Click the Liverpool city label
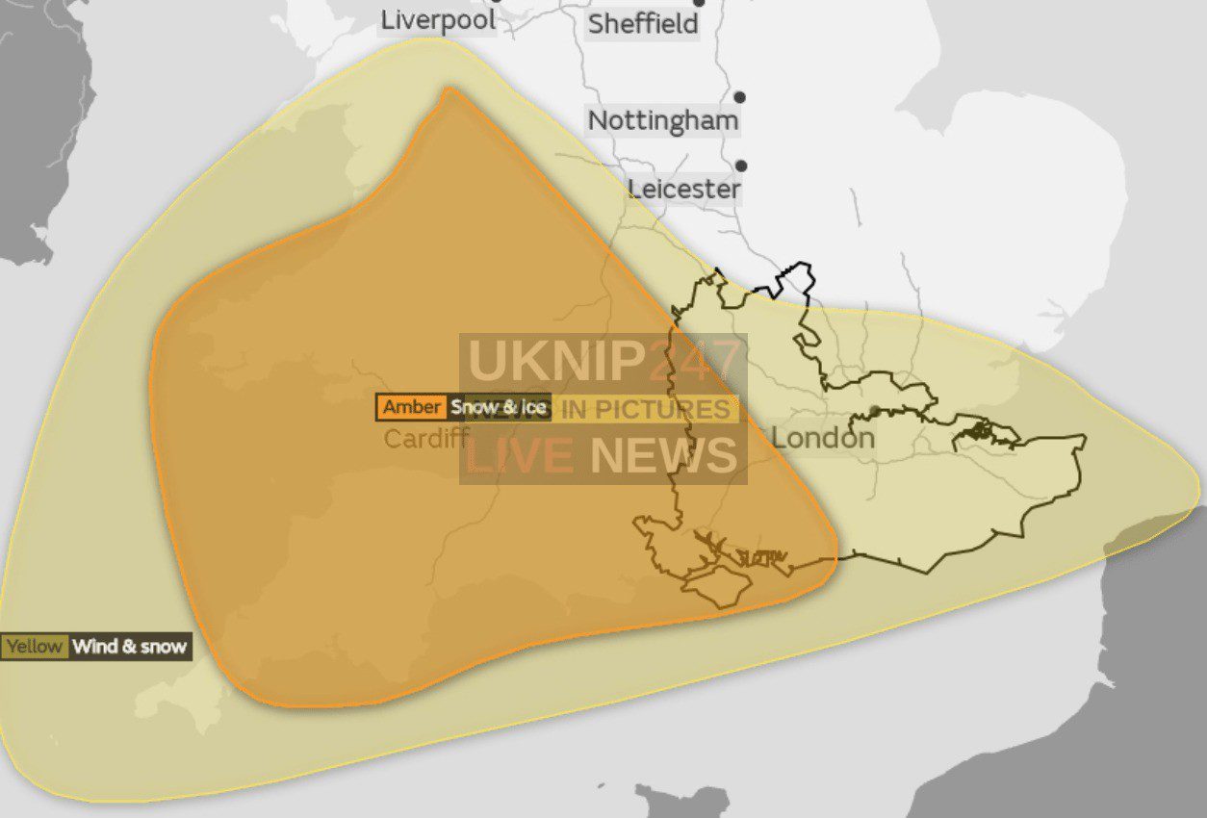(x=439, y=20)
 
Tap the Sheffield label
(x=643, y=24)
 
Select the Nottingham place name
(x=663, y=121)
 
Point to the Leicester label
(x=684, y=189)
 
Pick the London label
(x=823, y=439)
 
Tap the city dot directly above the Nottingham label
(x=740, y=97)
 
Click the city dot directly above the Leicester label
(x=741, y=166)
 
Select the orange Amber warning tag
(x=412, y=407)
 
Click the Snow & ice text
(x=499, y=407)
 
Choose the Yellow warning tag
(x=35, y=647)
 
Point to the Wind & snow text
(x=130, y=647)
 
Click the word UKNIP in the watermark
(x=555, y=360)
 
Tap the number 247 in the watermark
(x=695, y=360)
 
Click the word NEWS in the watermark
(x=663, y=455)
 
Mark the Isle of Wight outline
(x=717, y=586)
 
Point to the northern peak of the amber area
(x=448, y=91)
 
